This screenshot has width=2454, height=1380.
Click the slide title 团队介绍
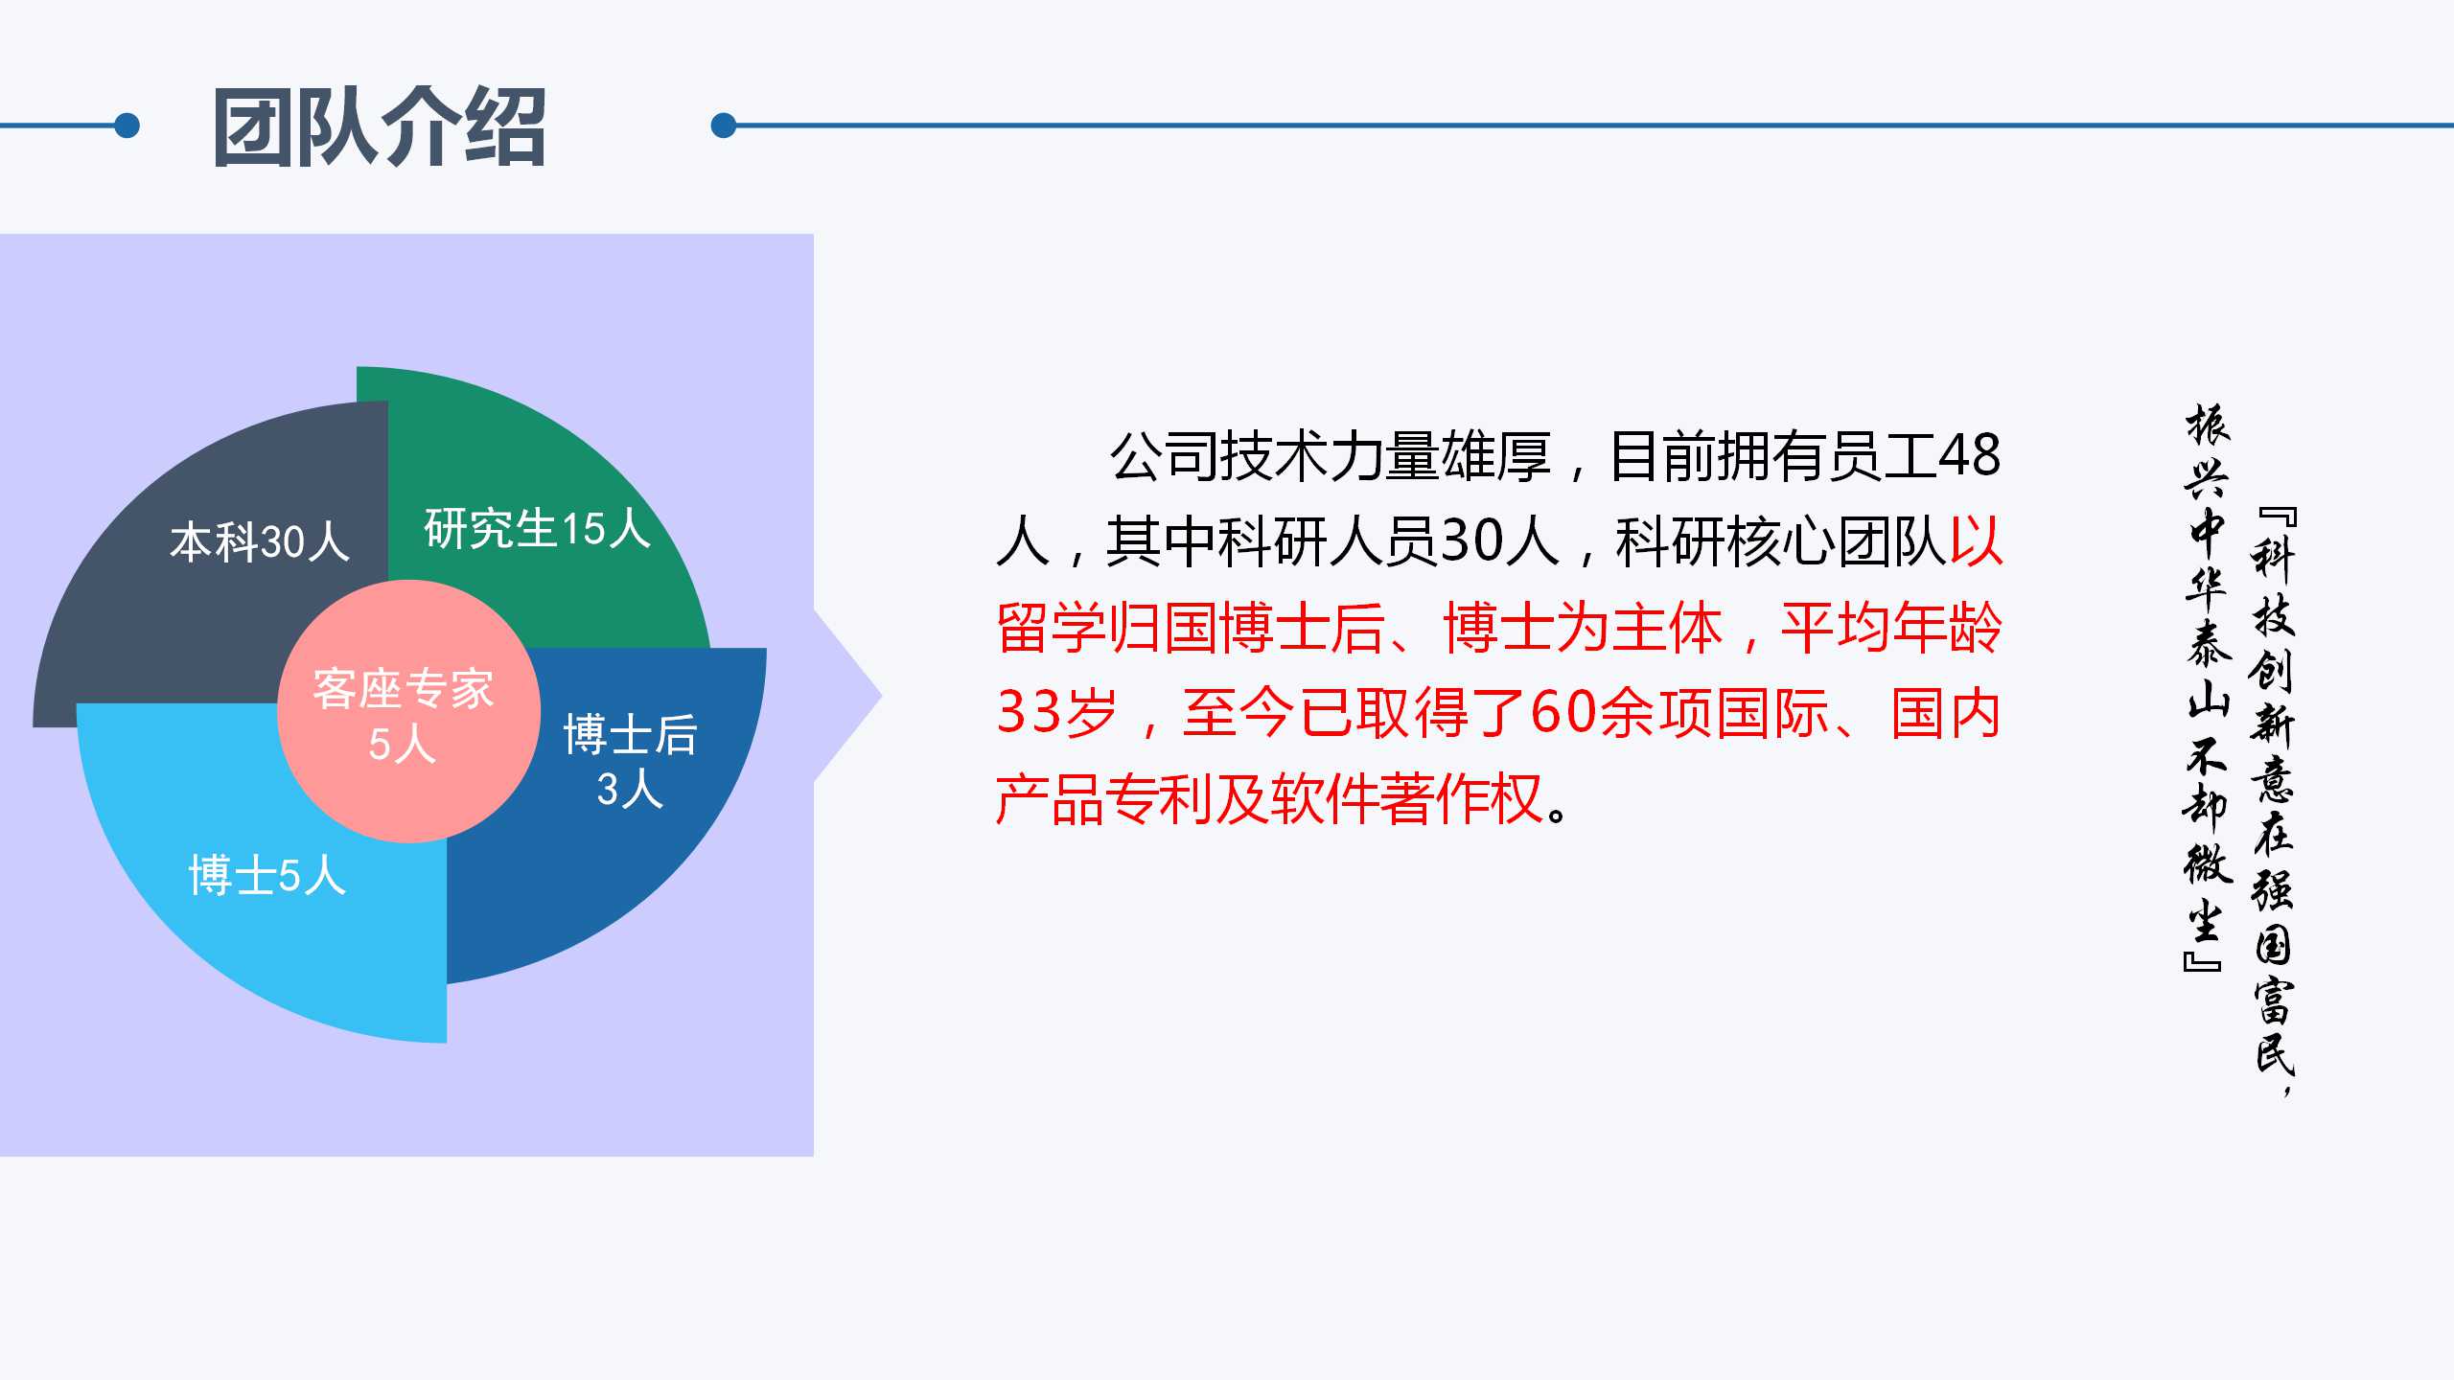pos(380,126)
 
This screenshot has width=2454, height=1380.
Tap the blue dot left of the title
pos(127,126)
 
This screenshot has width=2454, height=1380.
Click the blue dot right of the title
pos(724,126)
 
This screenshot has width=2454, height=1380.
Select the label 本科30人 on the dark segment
pos(260,541)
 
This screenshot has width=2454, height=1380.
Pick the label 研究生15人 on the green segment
pos(538,528)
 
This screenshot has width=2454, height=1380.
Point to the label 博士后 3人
pos(630,761)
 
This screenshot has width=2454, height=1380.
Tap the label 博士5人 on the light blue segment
pos(267,876)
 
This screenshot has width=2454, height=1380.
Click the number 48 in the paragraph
pos(1970,456)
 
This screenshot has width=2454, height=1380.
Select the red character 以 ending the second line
pos(1976,541)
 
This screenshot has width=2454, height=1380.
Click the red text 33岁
pos(1057,713)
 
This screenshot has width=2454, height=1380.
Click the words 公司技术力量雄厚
pos(1331,456)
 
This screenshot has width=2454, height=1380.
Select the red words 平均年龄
pos(1891,628)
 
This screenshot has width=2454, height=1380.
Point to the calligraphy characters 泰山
pos(2209,670)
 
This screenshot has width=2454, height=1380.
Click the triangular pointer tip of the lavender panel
pos(881,697)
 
